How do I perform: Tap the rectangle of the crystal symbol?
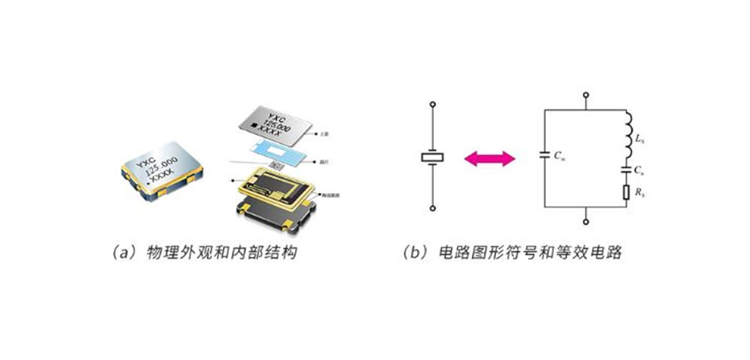click(432, 157)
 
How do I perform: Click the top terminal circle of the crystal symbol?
click(432, 105)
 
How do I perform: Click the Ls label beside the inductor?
click(639, 138)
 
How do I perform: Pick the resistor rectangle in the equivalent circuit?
click(627, 193)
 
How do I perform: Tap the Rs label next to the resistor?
click(639, 193)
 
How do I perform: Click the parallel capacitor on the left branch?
click(544, 156)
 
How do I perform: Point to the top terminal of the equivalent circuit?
click(586, 95)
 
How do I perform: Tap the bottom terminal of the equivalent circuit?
click(586, 220)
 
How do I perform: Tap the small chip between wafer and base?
click(276, 164)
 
